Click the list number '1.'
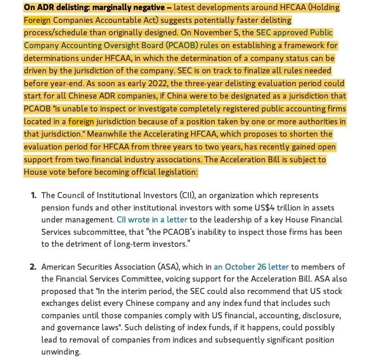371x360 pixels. (x=34, y=195)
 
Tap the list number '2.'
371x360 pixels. (x=34, y=266)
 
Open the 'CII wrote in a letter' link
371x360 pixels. (x=153, y=220)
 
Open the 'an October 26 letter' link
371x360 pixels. (x=251, y=266)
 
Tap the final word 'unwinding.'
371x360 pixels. (x=61, y=352)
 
